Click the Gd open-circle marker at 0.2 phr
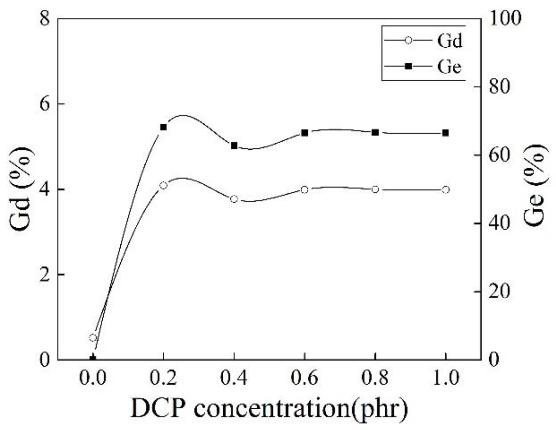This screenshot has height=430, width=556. pos(163,186)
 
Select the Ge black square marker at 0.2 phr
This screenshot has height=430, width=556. pos(163,127)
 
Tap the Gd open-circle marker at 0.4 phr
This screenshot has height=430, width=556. pos(234,199)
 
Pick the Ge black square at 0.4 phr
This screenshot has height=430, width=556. pos(234,146)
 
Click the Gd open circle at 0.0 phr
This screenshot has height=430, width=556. pos(93,338)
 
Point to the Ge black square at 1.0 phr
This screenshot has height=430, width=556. pos(445,133)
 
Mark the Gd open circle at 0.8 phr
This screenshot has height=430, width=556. pos(375,190)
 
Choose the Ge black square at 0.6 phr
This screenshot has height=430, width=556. pos(304,133)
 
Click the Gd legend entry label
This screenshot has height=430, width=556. pos(450,41)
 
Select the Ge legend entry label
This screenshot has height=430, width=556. pos(449,67)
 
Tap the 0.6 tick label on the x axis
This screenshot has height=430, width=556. pos(304,378)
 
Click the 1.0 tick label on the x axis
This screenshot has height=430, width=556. pos(445,378)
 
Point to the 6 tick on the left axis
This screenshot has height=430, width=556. pos(44,104)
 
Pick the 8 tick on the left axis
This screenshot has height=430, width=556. pos(44,19)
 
